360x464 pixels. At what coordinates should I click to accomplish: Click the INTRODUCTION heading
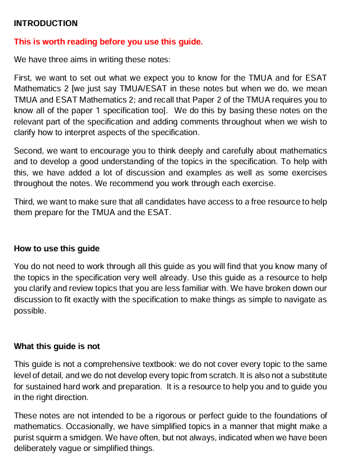point(46,24)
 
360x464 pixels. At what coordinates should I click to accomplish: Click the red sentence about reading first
point(108,41)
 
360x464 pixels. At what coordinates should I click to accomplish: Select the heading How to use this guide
point(57,248)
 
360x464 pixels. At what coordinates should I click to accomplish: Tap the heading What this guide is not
point(57,346)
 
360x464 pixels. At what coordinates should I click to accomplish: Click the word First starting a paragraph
point(24,78)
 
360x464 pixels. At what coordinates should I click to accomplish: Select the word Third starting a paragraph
point(25,202)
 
